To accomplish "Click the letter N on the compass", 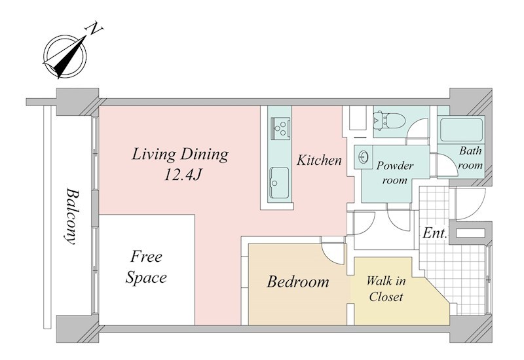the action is (x=94, y=29).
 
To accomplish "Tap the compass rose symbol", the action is (x=65, y=56).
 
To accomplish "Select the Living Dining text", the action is (x=180, y=154).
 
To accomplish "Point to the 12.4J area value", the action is (x=182, y=174).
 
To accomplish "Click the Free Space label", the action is (x=146, y=267).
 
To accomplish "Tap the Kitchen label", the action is (x=319, y=160).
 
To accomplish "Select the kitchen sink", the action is (x=280, y=183).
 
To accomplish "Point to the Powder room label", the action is (x=395, y=173).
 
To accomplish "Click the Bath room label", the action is (x=470, y=158).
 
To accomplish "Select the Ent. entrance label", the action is (x=435, y=233).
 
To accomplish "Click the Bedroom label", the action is (x=298, y=282).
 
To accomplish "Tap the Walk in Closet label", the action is (x=386, y=289).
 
